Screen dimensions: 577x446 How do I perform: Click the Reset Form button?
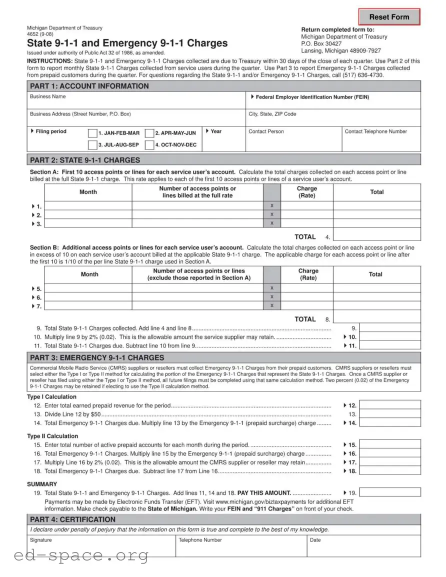click(x=389, y=17)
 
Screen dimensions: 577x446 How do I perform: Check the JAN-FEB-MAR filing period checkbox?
click(x=92, y=133)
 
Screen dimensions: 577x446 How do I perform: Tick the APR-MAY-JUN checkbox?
click(x=149, y=133)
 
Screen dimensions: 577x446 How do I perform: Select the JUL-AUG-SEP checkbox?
click(x=92, y=145)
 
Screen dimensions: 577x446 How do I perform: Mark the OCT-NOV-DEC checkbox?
click(x=149, y=145)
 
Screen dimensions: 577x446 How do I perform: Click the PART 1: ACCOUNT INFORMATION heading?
click(x=89, y=86)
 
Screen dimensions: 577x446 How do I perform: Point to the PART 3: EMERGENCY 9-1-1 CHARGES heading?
click(x=97, y=357)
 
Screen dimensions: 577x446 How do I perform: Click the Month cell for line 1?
click(x=88, y=205)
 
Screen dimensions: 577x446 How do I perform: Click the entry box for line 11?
click(x=390, y=345)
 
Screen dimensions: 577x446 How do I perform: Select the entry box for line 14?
click(x=390, y=423)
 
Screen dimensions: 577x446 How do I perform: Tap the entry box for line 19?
click(x=390, y=492)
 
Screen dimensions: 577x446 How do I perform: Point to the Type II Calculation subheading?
click(x=52, y=436)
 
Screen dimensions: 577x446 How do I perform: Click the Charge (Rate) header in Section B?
click(x=308, y=274)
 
